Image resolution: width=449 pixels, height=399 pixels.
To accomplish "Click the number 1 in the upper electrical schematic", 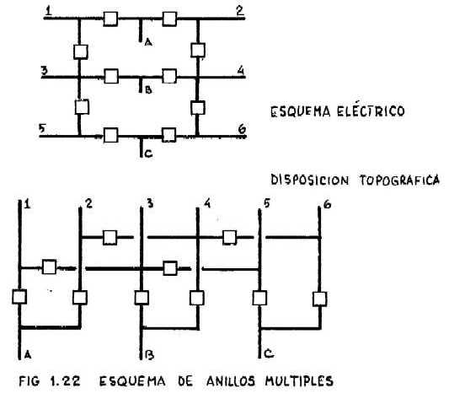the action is tap(49, 11).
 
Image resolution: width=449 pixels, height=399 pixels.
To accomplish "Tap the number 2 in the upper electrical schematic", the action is tap(240, 10).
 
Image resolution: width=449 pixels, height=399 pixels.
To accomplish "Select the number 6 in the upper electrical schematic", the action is tap(243, 129).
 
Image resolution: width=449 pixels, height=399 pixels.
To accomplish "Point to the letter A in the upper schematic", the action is tap(148, 43).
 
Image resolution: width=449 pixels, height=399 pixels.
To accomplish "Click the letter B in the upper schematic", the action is tap(148, 89).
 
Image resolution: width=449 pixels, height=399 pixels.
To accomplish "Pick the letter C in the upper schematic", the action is tap(148, 154).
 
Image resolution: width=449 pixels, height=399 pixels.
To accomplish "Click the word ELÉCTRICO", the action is tap(371, 111).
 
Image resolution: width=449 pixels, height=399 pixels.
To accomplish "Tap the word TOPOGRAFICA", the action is tap(399, 181).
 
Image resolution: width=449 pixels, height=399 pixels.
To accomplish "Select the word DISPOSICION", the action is tap(310, 181).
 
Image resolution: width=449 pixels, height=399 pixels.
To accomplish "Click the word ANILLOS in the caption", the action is tap(230, 381).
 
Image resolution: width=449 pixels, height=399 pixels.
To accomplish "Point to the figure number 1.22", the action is tap(65, 381).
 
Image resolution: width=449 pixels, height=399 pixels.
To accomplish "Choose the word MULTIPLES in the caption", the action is tap(299, 381).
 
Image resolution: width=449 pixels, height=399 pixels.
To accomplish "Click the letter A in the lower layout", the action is tap(28, 355).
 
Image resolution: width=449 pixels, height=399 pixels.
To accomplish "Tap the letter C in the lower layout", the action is tap(269, 354).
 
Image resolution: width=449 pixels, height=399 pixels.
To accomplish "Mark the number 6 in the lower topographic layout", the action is tap(327, 204).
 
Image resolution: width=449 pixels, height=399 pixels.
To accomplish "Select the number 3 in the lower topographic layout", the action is tap(150, 203).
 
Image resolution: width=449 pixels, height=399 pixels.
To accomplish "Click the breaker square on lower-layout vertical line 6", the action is tap(320, 299).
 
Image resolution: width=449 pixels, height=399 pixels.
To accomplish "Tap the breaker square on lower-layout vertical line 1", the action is tap(19, 297).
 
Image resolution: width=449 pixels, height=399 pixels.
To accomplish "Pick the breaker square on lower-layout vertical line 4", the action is tap(197, 298).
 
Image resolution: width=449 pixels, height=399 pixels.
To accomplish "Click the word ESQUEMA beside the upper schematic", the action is tap(300, 111).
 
